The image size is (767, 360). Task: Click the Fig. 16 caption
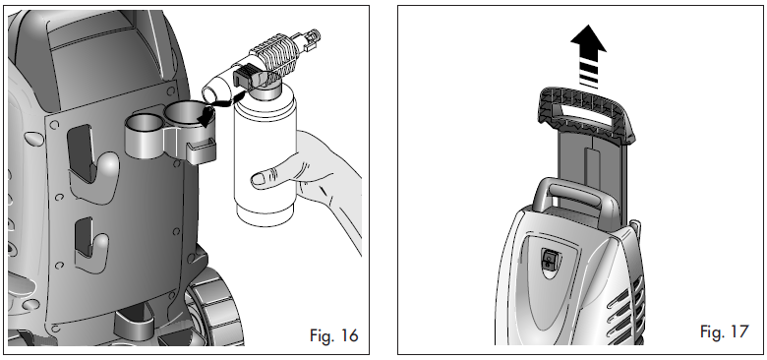pos(333,335)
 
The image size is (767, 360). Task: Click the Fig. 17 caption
pos(724,331)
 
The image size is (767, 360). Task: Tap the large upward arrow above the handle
pos(588,56)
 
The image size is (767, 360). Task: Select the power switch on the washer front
pos(549,259)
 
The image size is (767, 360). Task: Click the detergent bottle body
pos(265,151)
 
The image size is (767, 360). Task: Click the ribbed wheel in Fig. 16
pos(215,308)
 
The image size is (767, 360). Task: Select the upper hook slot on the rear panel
pos(81,153)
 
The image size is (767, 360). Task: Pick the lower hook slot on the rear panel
pos(84,238)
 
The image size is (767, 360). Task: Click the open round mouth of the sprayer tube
pos(211,93)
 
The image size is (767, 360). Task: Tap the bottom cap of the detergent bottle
pos(265,214)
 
